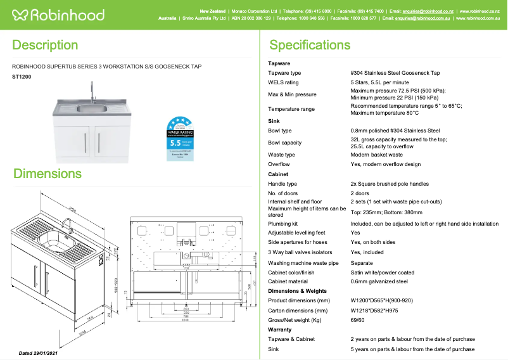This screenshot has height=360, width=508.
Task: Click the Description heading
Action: point(45,45)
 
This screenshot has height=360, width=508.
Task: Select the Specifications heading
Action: point(310,45)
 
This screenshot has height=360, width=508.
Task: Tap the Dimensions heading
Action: point(47,174)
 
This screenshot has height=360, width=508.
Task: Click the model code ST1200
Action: point(22,77)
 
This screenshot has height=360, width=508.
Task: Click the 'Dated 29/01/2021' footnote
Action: point(39,353)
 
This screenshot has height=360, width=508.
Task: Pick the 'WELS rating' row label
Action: point(283,82)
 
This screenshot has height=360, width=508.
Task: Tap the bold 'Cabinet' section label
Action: point(278,174)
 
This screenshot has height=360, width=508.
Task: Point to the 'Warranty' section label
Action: point(280,330)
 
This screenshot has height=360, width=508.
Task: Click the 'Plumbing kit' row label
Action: point(283,224)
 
